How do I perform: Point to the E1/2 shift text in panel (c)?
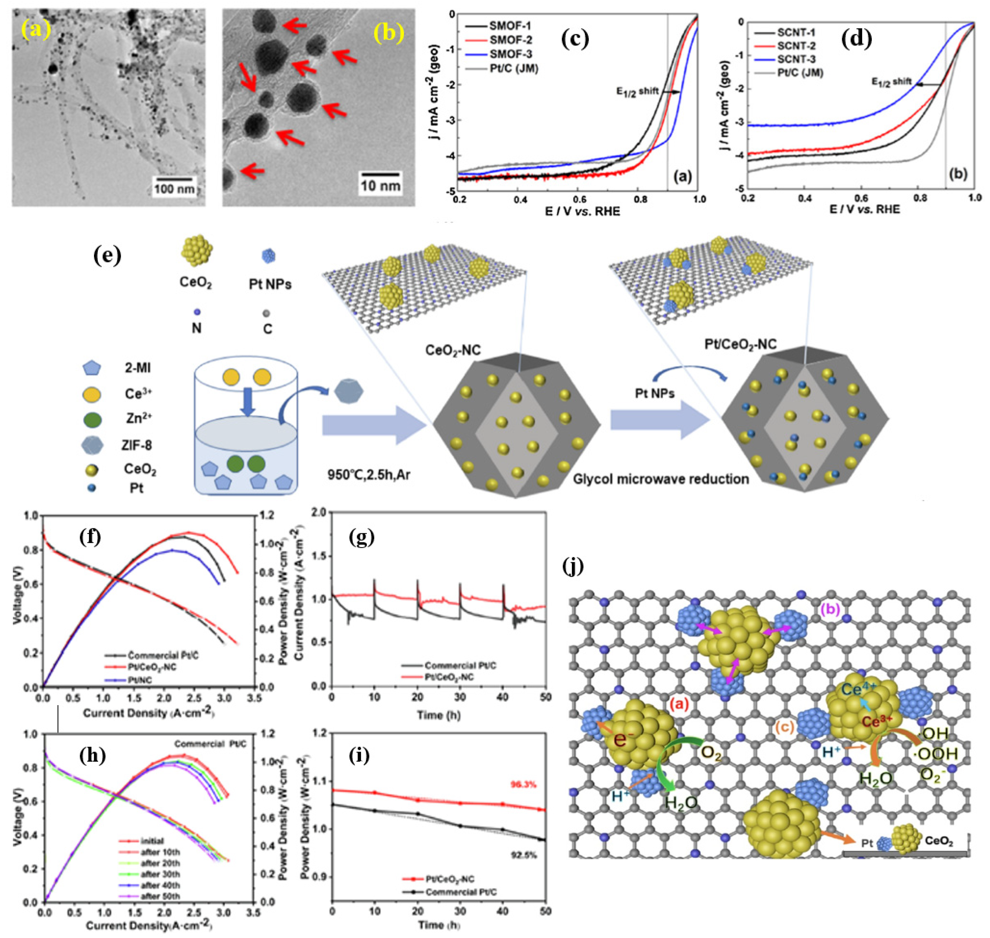coord(637,91)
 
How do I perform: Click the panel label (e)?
coord(108,256)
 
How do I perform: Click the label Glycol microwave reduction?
coord(661,479)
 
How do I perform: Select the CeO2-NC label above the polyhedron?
coord(453,350)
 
